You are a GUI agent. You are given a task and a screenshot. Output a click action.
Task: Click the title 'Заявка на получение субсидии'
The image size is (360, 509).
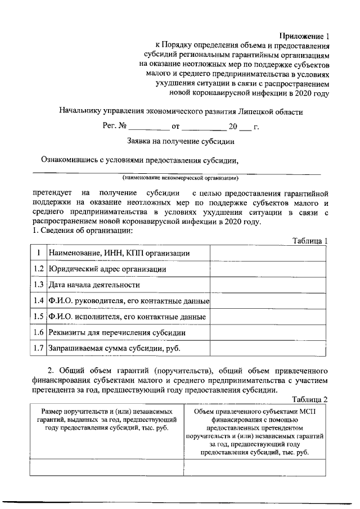tap(181, 142)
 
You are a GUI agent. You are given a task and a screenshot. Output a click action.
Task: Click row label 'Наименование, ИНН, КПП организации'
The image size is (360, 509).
tap(119, 254)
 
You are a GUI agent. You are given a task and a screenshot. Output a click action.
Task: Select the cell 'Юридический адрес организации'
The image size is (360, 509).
tap(107, 269)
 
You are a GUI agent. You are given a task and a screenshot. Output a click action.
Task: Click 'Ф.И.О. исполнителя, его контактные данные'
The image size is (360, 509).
tap(127, 317)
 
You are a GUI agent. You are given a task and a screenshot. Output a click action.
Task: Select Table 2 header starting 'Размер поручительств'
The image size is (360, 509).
tap(106, 427)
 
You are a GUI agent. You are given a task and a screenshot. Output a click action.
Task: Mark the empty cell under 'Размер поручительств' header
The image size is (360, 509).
tap(106, 467)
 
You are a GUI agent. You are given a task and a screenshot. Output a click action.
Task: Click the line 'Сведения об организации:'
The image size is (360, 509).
tap(78, 231)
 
